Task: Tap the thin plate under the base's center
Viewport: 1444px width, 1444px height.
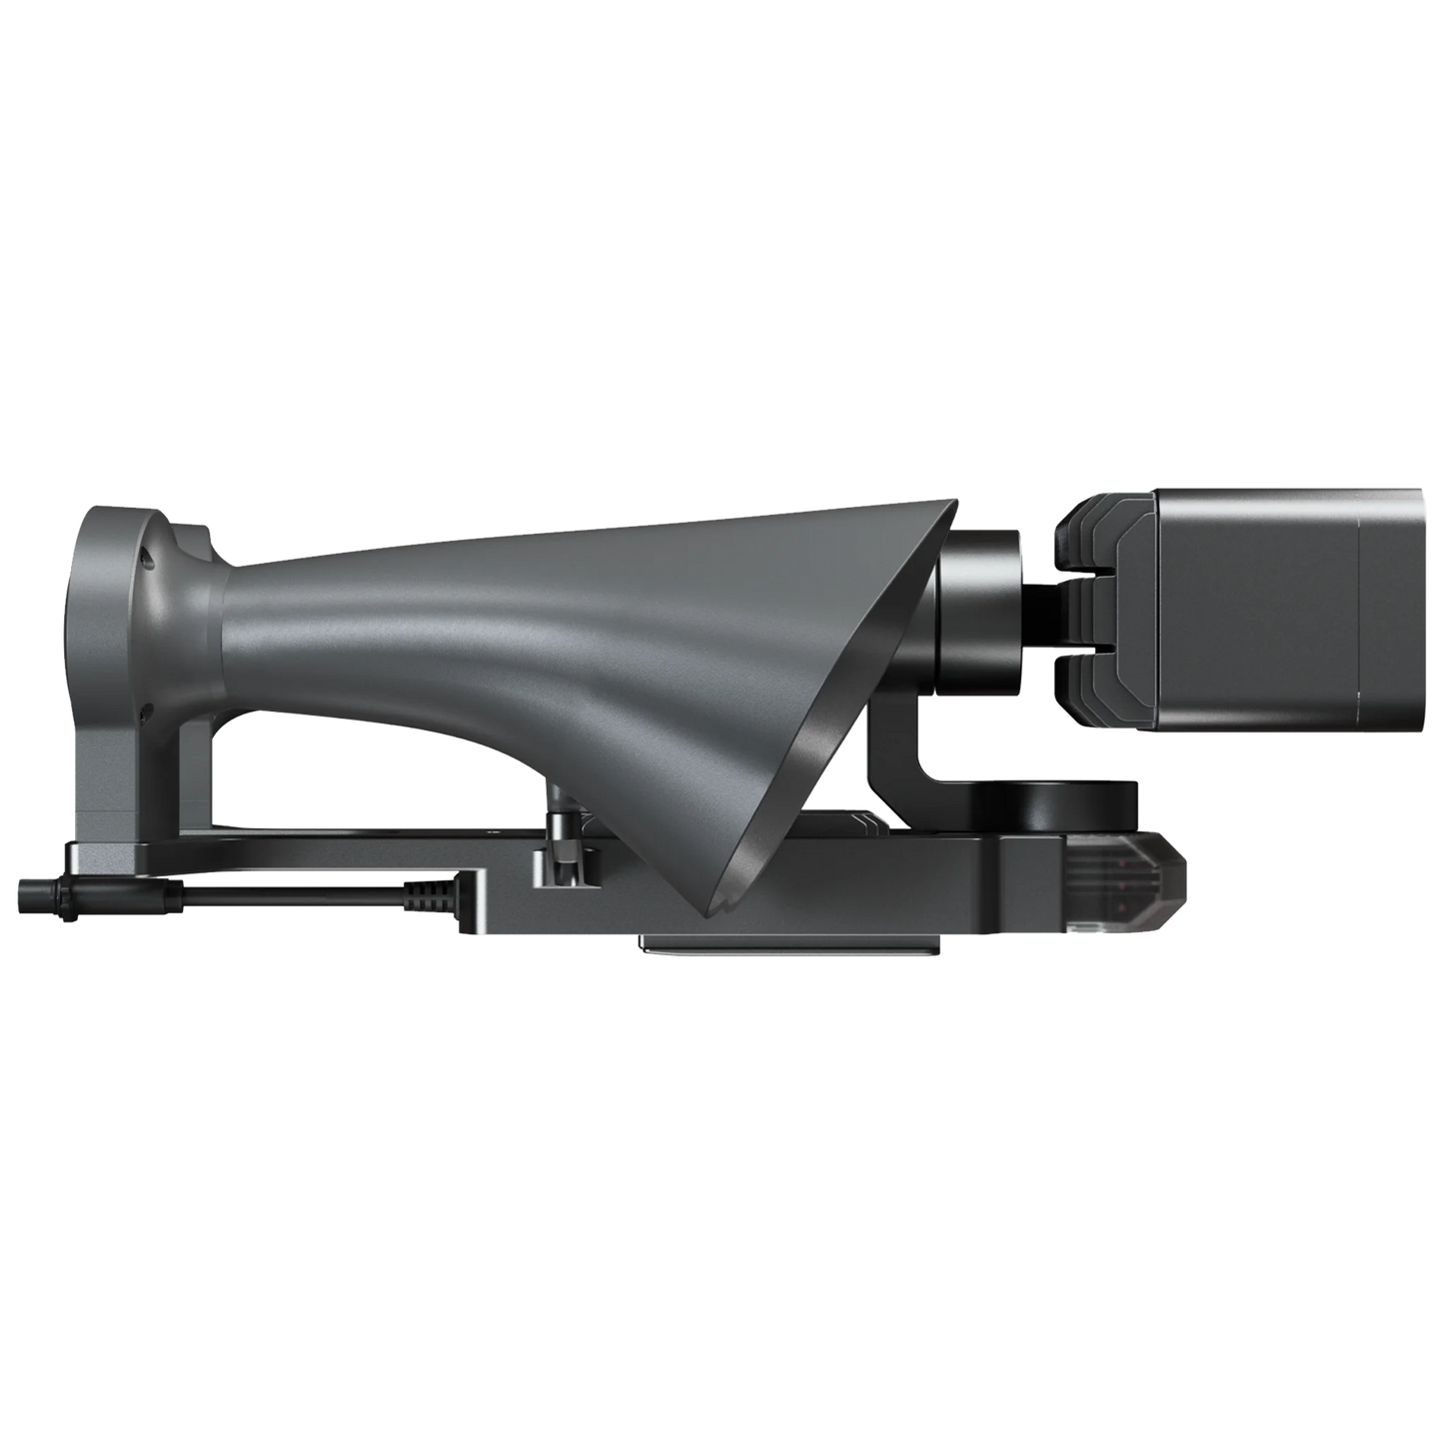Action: tap(789, 944)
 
